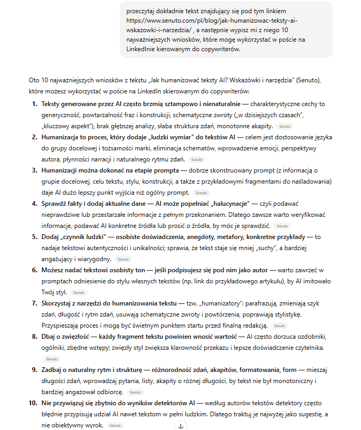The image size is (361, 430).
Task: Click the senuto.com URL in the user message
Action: click(211, 21)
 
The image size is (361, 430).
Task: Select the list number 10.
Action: click(33, 403)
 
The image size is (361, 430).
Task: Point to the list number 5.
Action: click(34, 236)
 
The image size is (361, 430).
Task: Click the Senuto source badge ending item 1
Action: click(284, 127)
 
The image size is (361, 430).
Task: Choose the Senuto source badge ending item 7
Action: click(280, 326)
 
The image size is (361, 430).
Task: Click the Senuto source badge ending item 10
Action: click(116, 425)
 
